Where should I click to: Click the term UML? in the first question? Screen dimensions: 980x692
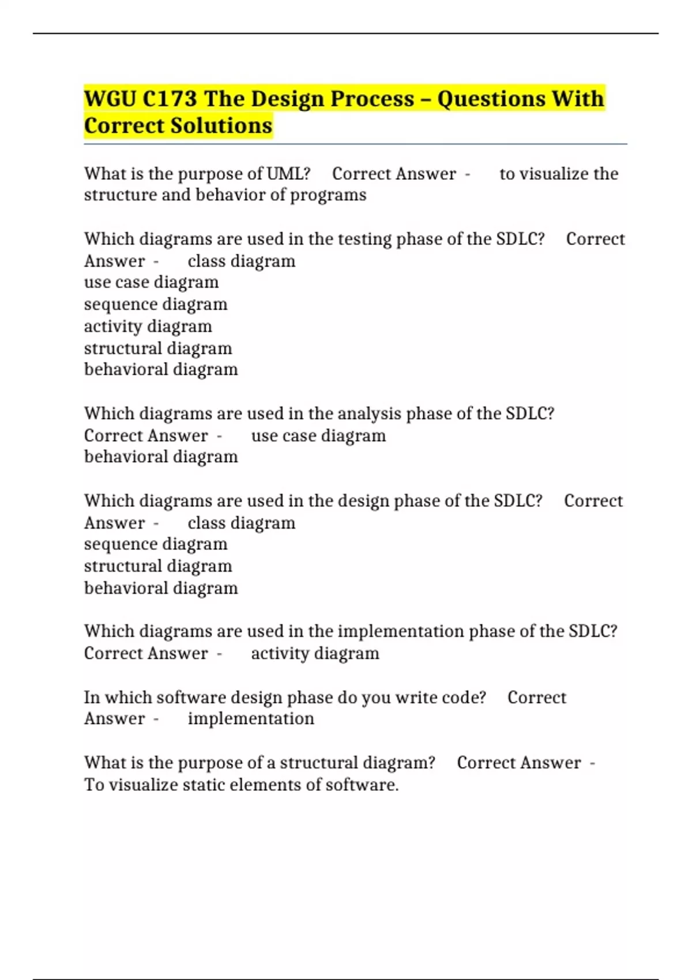(x=288, y=174)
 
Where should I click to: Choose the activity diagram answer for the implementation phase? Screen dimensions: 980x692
(x=315, y=654)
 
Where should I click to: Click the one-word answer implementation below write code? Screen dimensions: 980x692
(x=251, y=719)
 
